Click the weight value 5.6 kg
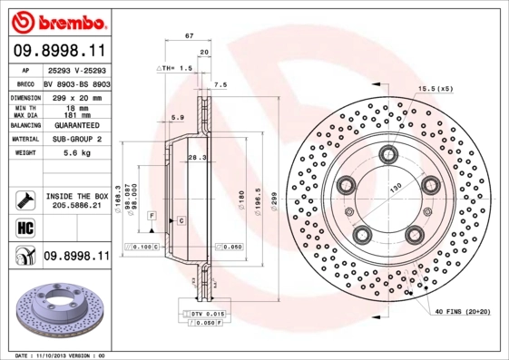pyautogui.click(x=77, y=153)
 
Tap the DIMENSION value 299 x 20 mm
pyautogui.click(x=77, y=95)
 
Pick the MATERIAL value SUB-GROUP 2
pyautogui.click(x=77, y=139)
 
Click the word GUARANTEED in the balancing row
pyautogui.click(x=77, y=124)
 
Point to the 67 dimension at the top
pyautogui.click(x=189, y=35)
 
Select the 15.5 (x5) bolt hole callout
pyautogui.click(x=436, y=88)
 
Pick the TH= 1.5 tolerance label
pyautogui.click(x=178, y=68)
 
